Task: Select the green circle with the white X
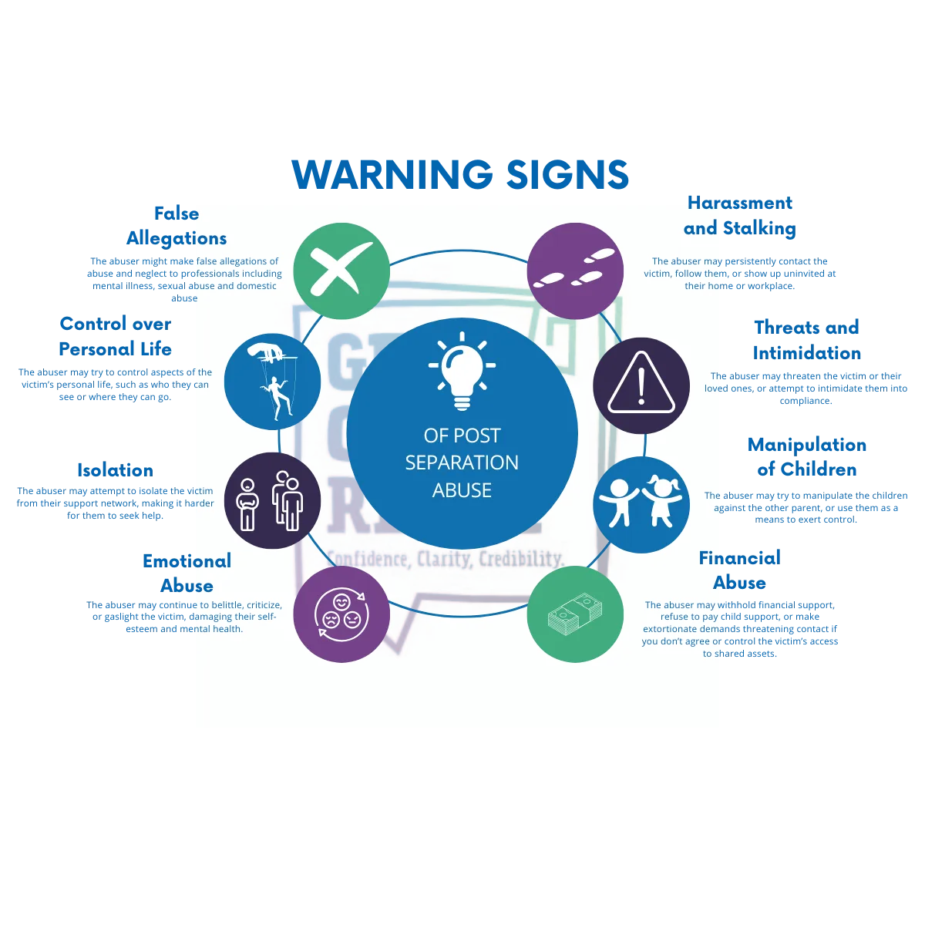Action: click(341, 271)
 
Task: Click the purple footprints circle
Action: click(575, 271)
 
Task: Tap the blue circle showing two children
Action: click(641, 504)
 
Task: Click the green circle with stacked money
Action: click(575, 614)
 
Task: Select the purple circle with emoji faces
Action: click(341, 614)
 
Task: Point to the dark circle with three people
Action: click(272, 500)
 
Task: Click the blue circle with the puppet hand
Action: click(272, 382)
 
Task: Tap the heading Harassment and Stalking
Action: click(739, 216)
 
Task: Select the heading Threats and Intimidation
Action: click(806, 340)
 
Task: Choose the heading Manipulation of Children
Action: click(806, 456)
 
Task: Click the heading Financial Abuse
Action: click(740, 570)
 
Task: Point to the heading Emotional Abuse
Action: click(187, 573)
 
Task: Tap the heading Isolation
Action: click(115, 470)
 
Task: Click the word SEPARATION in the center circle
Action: click(462, 462)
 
